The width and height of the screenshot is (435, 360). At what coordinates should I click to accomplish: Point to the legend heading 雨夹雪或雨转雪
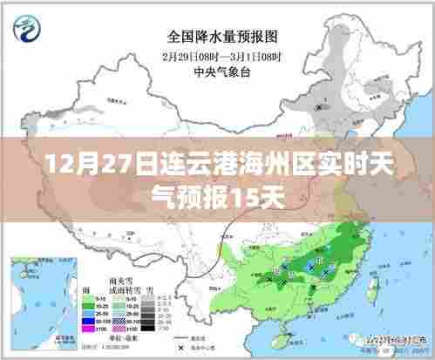click(x=119, y=285)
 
